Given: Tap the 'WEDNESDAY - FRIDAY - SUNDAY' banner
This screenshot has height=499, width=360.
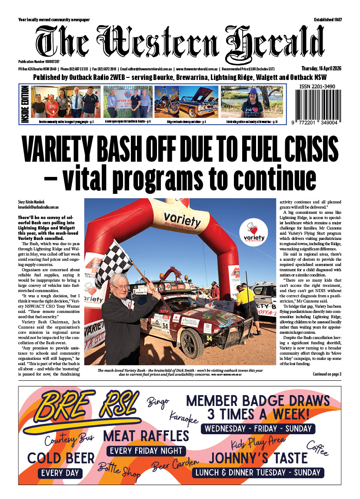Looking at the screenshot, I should pos(258,429).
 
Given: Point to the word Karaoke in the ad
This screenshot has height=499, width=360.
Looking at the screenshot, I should pos(183,417).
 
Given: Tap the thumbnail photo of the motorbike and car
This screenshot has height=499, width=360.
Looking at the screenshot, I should pos(186,102).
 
